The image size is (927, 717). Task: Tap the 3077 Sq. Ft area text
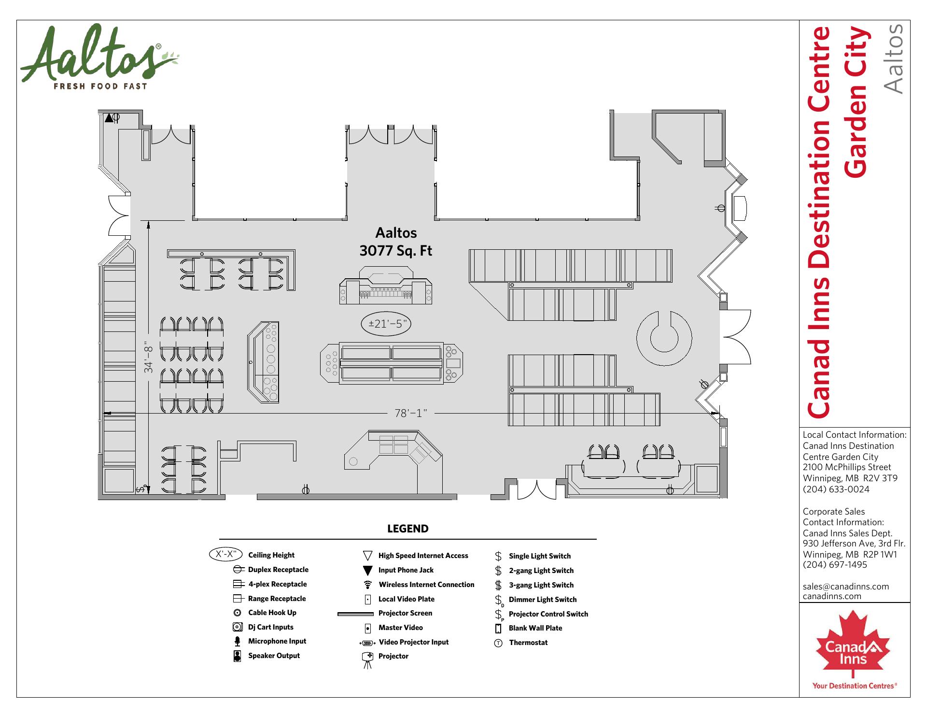pos(396,251)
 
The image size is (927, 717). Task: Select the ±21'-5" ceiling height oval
pos(386,324)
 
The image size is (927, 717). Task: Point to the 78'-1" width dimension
pos(411,414)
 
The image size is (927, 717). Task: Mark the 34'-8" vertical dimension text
pos(148,359)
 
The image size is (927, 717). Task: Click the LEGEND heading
pos(408,529)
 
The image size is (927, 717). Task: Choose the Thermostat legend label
pos(528,643)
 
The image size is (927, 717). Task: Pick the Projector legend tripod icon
pos(368,660)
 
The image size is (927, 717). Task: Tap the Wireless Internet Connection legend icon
pos(368,585)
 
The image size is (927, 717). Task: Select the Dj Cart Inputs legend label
pos(271,627)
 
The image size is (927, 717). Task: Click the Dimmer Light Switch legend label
pos(543,600)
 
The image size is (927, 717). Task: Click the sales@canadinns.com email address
pos(846,587)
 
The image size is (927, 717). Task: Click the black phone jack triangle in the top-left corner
pos(109,117)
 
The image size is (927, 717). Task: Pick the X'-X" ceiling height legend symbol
pos(226,555)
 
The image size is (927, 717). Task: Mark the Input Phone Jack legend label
pos(406,570)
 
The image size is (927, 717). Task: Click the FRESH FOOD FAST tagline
pos(100,86)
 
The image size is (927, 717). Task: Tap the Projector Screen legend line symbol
pos(355,614)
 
